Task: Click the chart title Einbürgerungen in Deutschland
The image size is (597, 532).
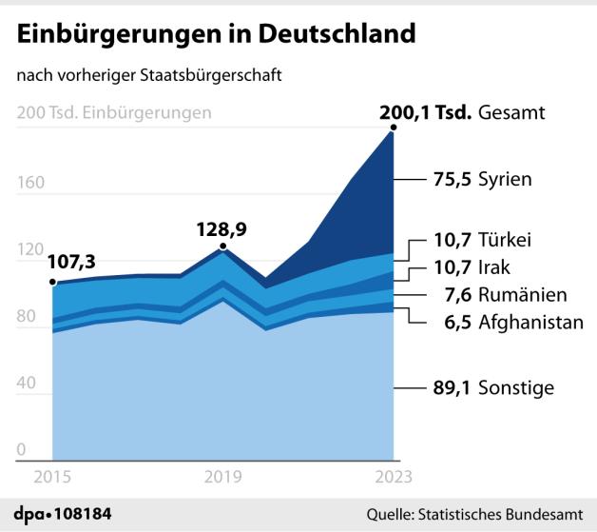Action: pos(216,33)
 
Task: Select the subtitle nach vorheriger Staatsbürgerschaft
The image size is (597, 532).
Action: pos(148,75)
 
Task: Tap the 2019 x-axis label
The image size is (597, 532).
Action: pos(223,477)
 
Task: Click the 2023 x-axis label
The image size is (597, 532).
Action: pos(393,477)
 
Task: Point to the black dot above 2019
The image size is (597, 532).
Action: pos(223,247)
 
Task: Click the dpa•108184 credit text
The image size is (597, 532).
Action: pos(63,514)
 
